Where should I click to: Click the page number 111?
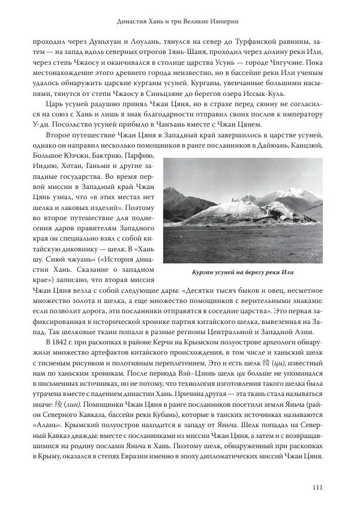(x=318, y=487)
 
